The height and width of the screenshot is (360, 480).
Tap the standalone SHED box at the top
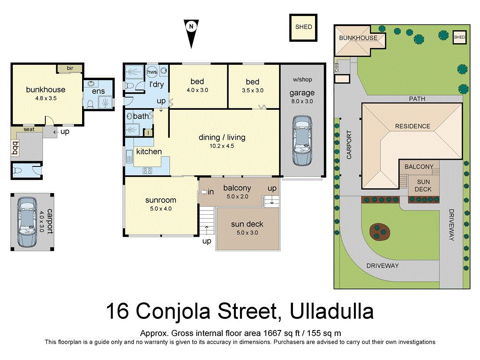[x=303, y=27]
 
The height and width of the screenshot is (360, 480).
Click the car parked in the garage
[x=301, y=141]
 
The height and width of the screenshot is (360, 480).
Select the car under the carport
[x=27, y=222]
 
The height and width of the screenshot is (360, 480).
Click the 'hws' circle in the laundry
[x=152, y=72]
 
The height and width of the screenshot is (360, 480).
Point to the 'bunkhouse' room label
[x=45, y=90]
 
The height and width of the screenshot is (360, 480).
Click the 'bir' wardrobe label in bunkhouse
[x=70, y=68]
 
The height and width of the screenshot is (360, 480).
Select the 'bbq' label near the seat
[x=15, y=149]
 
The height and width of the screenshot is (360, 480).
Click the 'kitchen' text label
[x=149, y=151]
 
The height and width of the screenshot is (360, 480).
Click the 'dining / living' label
[x=222, y=137]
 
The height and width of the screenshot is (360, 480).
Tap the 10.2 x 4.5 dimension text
[x=222, y=146]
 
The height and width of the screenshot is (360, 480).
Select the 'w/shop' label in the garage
[x=302, y=80]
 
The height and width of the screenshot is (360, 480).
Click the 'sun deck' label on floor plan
[x=247, y=224]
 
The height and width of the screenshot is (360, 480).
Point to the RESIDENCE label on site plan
[x=412, y=126]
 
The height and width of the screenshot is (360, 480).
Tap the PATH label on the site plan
[x=416, y=99]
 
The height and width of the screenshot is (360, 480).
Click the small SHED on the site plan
[x=459, y=37]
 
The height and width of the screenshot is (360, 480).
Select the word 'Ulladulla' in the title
[x=332, y=311]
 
